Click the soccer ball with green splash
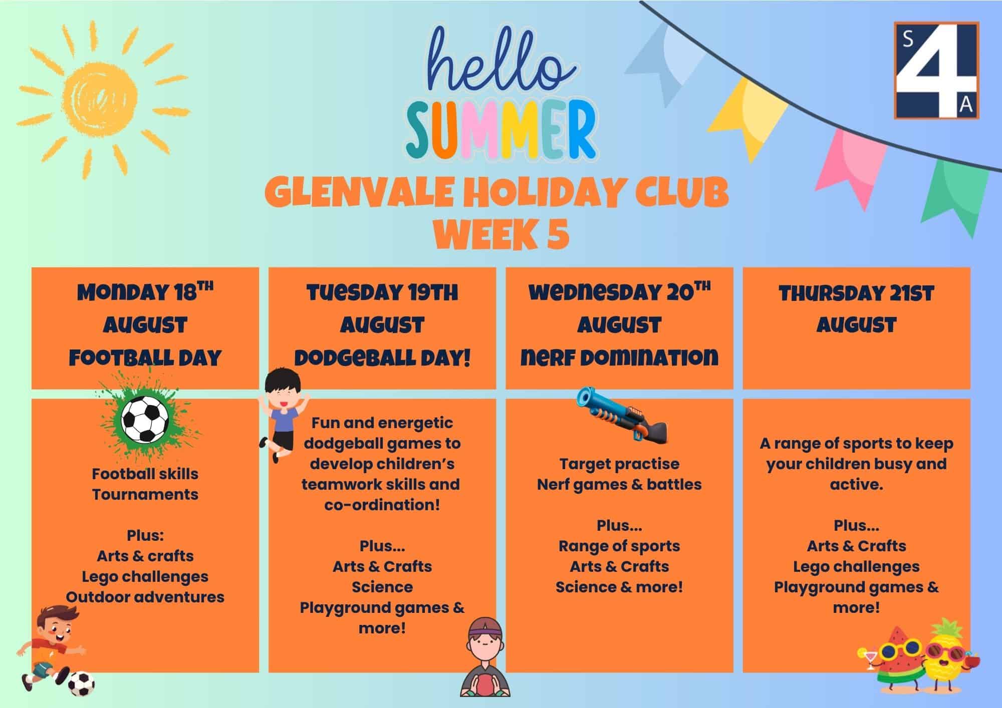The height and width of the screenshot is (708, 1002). tap(146, 418)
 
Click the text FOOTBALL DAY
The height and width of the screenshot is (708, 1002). tap(145, 358)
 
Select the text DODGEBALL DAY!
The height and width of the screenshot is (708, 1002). tap(382, 358)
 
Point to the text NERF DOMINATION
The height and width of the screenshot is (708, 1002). tap(619, 358)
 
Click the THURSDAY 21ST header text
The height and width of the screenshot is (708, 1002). tap(856, 293)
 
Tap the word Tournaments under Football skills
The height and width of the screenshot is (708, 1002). tap(145, 494)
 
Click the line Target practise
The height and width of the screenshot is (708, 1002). tap(619, 464)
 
